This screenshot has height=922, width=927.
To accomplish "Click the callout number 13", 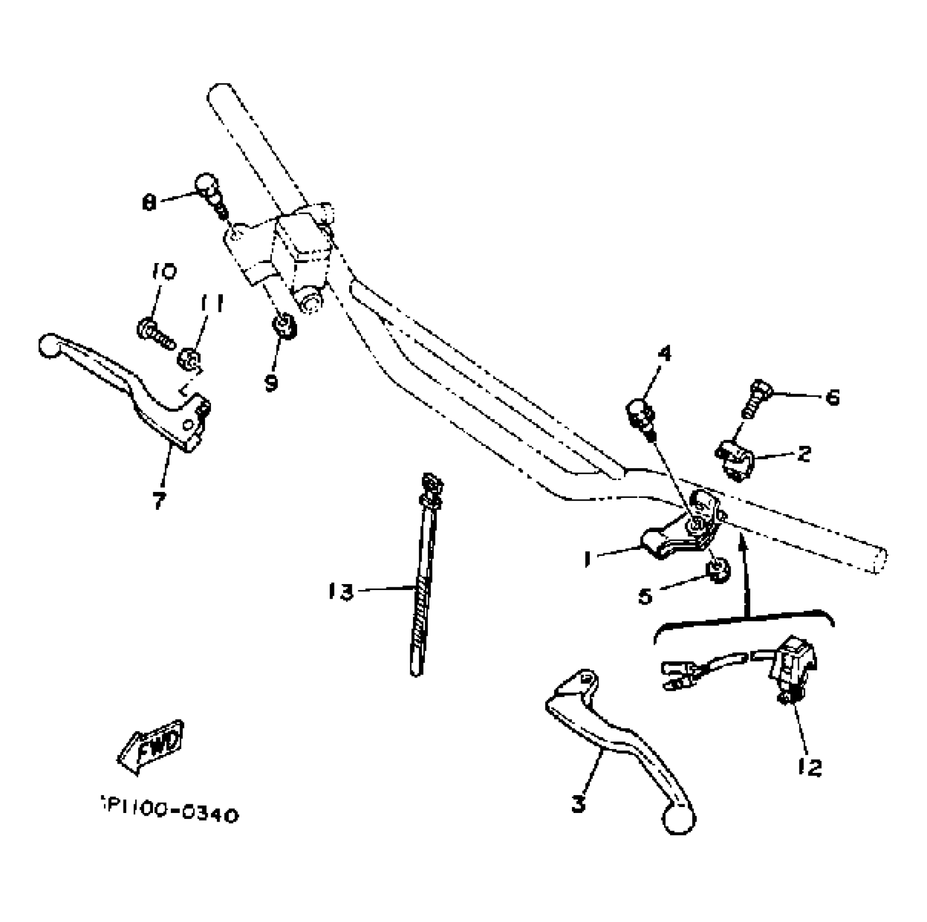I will [x=341, y=592].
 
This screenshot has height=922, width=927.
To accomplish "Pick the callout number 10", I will [x=164, y=271].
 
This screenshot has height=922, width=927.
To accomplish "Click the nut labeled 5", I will [x=718, y=571].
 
